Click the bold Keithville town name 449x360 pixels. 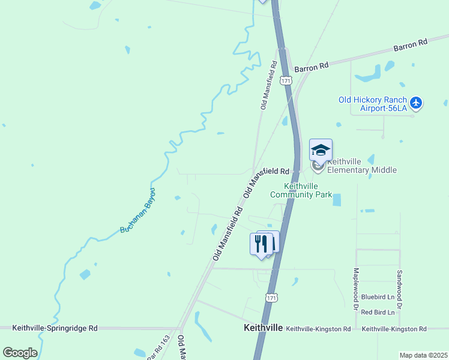pyautogui.click(x=263, y=328)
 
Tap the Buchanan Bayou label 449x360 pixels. pyautogui.click(x=139, y=211)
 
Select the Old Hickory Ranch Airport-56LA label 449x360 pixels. pyautogui.click(x=373, y=104)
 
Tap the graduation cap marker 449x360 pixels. pyautogui.click(x=321, y=150)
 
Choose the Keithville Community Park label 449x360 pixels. pyautogui.click(x=301, y=190)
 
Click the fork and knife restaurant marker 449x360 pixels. pyautogui.click(x=261, y=244)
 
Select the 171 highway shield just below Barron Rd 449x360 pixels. pyautogui.click(x=286, y=80)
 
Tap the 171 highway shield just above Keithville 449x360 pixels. pyautogui.click(x=271, y=298)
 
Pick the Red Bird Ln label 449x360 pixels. pyautogui.click(x=378, y=313)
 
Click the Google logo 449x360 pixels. pyautogui.click(x=20, y=353)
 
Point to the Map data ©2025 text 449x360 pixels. pyautogui.click(x=423, y=355)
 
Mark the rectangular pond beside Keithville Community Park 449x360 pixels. pyautogui.click(x=336, y=200)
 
